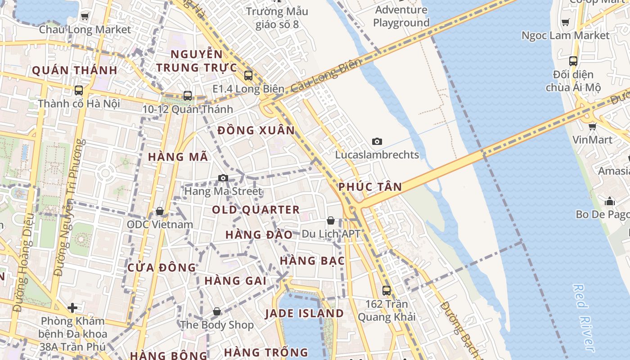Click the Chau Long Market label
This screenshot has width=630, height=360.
[85, 30]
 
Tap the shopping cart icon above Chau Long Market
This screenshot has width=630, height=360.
[85, 16]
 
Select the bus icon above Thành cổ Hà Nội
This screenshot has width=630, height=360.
[79, 90]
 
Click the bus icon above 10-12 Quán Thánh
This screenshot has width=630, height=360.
[188, 96]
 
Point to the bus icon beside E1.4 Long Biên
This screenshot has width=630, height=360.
[248, 76]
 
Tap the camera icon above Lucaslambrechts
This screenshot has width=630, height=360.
[377, 142]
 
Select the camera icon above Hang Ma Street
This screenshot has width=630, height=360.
[223, 178]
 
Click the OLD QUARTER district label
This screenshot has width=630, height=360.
[256, 210]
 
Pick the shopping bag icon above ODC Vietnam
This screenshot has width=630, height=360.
[160, 211]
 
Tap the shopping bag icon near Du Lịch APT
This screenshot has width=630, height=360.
[331, 220]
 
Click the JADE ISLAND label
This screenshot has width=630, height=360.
[304, 314]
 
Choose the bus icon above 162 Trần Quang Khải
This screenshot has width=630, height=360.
[387, 291]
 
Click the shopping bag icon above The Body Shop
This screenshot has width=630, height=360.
[217, 311]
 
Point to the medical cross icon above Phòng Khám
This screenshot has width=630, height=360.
[72, 308]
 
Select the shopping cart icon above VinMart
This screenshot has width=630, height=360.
[593, 126]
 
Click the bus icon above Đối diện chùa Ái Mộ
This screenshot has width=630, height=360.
[573, 61]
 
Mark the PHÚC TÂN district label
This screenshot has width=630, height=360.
[370, 187]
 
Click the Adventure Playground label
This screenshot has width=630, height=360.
[401, 16]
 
